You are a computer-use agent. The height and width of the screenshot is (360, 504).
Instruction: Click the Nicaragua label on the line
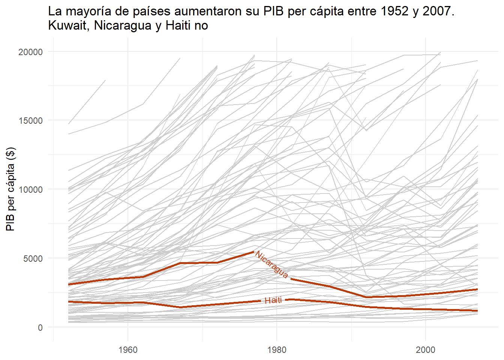click(272, 265)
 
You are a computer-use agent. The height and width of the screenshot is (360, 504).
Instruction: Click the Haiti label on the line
click(273, 300)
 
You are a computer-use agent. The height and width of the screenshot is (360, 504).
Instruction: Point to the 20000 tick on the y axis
click(31, 52)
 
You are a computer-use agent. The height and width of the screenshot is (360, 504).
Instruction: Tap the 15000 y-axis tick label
click(31, 121)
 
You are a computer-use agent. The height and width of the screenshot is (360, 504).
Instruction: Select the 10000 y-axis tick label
click(31, 189)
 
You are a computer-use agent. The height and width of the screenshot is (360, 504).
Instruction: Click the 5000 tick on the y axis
click(33, 258)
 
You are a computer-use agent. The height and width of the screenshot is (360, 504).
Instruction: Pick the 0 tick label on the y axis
click(40, 327)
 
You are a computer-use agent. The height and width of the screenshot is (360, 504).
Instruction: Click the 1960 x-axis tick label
click(128, 350)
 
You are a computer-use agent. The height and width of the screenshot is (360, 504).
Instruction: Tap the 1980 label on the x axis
click(277, 350)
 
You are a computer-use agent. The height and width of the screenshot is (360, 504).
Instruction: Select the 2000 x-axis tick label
click(426, 350)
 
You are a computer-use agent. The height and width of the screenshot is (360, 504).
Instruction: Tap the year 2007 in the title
click(438, 11)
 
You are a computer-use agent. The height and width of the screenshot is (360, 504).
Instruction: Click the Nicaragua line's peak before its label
click(254, 252)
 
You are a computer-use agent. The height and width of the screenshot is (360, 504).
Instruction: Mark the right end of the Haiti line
click(477, 311)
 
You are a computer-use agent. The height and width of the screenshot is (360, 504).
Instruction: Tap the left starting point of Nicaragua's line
click(69, 284)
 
